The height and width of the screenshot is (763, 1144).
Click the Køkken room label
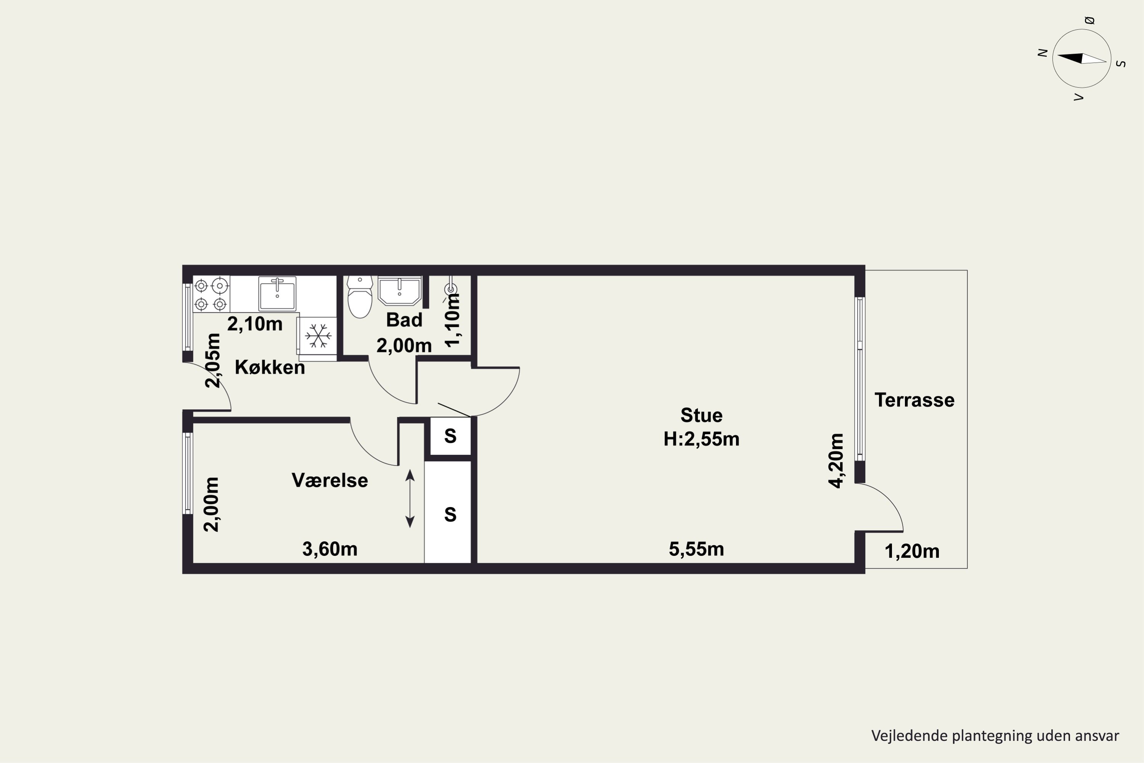(x=270, y=367)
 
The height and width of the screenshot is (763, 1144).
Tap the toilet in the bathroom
(x=360, y=296)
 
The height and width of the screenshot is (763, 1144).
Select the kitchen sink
(x=277, y=293)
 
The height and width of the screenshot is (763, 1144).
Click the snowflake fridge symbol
(x=318, y=336)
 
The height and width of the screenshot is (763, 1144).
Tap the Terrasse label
(x=914, y=400)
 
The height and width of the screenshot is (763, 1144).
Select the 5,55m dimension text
(x=697, y=549)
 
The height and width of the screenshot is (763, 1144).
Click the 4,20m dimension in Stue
(x=836, y=460)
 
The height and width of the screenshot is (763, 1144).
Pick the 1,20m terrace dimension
(x=912, y=551)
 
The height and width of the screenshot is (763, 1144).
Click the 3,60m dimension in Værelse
(x=330, y=549)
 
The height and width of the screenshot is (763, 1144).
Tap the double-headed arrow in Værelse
(x=410, y=498)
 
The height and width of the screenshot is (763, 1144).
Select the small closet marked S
(x=450, y=436)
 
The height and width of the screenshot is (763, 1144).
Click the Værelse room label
(x=330, y=480)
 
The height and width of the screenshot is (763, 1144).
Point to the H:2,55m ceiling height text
(x=701, y=439)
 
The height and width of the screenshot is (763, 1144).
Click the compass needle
(x=1082, y=59)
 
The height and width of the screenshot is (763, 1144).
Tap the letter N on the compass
(x=1042, y=53)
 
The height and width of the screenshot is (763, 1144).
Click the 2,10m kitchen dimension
(x=255, y=324)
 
